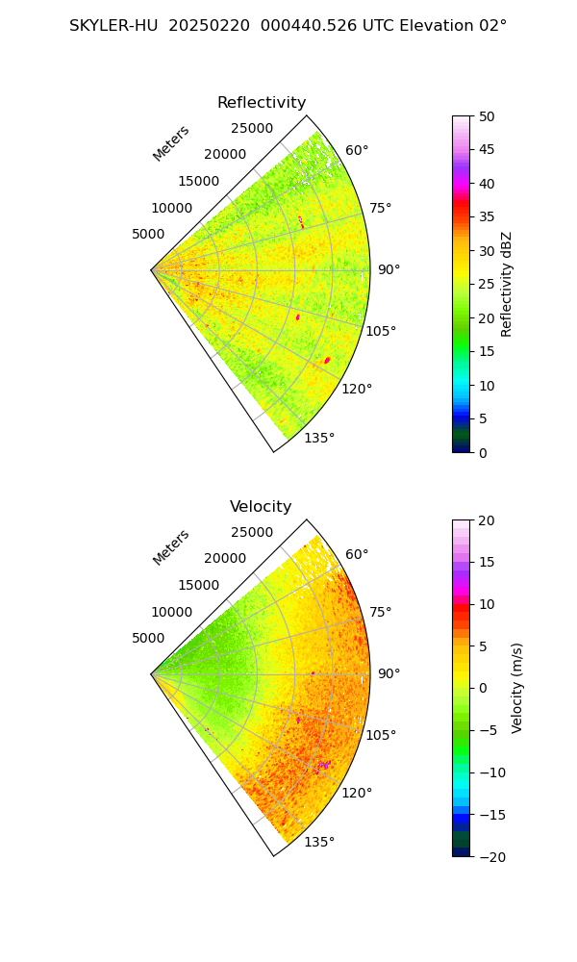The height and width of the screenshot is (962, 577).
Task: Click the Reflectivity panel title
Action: [x=262, y=103]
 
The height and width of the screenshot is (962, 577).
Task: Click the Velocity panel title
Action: [x=261, y=507]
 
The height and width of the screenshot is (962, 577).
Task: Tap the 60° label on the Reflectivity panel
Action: [x=357, y=150]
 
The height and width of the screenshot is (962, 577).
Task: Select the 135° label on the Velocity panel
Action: [x=319, y=843]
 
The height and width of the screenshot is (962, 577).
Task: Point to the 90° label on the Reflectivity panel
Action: [x=389, y=269]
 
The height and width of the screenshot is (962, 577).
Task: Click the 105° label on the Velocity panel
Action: [x=381, y=736]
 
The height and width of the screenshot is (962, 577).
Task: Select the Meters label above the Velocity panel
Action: [x=171, y=547]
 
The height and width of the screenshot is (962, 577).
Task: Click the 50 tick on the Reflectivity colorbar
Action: [x=487, y=116]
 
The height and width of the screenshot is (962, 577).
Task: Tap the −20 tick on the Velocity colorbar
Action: [x=489, y=856]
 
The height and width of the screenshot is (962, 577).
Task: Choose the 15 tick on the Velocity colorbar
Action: [x=487, y=562]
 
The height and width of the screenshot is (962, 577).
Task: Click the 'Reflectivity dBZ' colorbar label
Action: [x=507, y=284]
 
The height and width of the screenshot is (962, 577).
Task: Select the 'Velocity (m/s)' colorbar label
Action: [x=517, y=688]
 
